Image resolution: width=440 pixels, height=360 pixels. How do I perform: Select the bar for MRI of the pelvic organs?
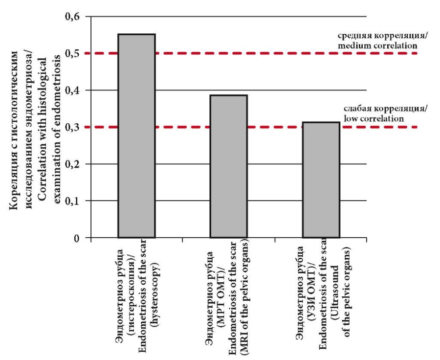pos(228,166)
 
